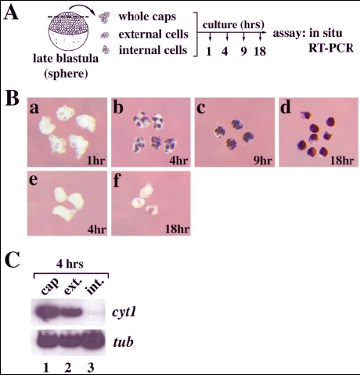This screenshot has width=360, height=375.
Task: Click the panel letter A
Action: [x=11, y=13]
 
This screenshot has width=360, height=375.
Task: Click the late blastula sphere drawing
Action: [x=68, y=32]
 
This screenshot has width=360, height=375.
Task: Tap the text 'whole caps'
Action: [x=147, y=16]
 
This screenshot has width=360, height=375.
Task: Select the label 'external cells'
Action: [x=153, y=34]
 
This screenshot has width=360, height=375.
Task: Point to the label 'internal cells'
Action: [x=153, y=50]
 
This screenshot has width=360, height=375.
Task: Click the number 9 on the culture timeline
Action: [x=243, y=51]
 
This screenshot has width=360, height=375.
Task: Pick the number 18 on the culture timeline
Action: [x=260, y=51]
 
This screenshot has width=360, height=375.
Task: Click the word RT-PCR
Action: [x=331, y=49]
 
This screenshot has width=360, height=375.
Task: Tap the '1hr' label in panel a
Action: [x=96, y=160]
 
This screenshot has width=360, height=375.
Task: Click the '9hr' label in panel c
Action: [x=263, y=160]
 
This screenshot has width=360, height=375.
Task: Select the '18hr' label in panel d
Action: [x=342, y=160]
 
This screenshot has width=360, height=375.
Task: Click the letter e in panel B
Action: [x=34, y=180]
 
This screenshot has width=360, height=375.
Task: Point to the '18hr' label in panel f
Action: [x=177, y=229]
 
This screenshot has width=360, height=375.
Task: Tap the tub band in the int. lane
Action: [x=93, y=343]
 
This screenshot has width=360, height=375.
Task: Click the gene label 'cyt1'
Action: [x=124, y=312]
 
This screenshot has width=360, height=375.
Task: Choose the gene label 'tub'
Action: [x=123, y=341]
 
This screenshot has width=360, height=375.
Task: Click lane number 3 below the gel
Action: [x=91, y=368]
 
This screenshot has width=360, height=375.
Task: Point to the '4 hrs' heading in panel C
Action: [x=70, y=264]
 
